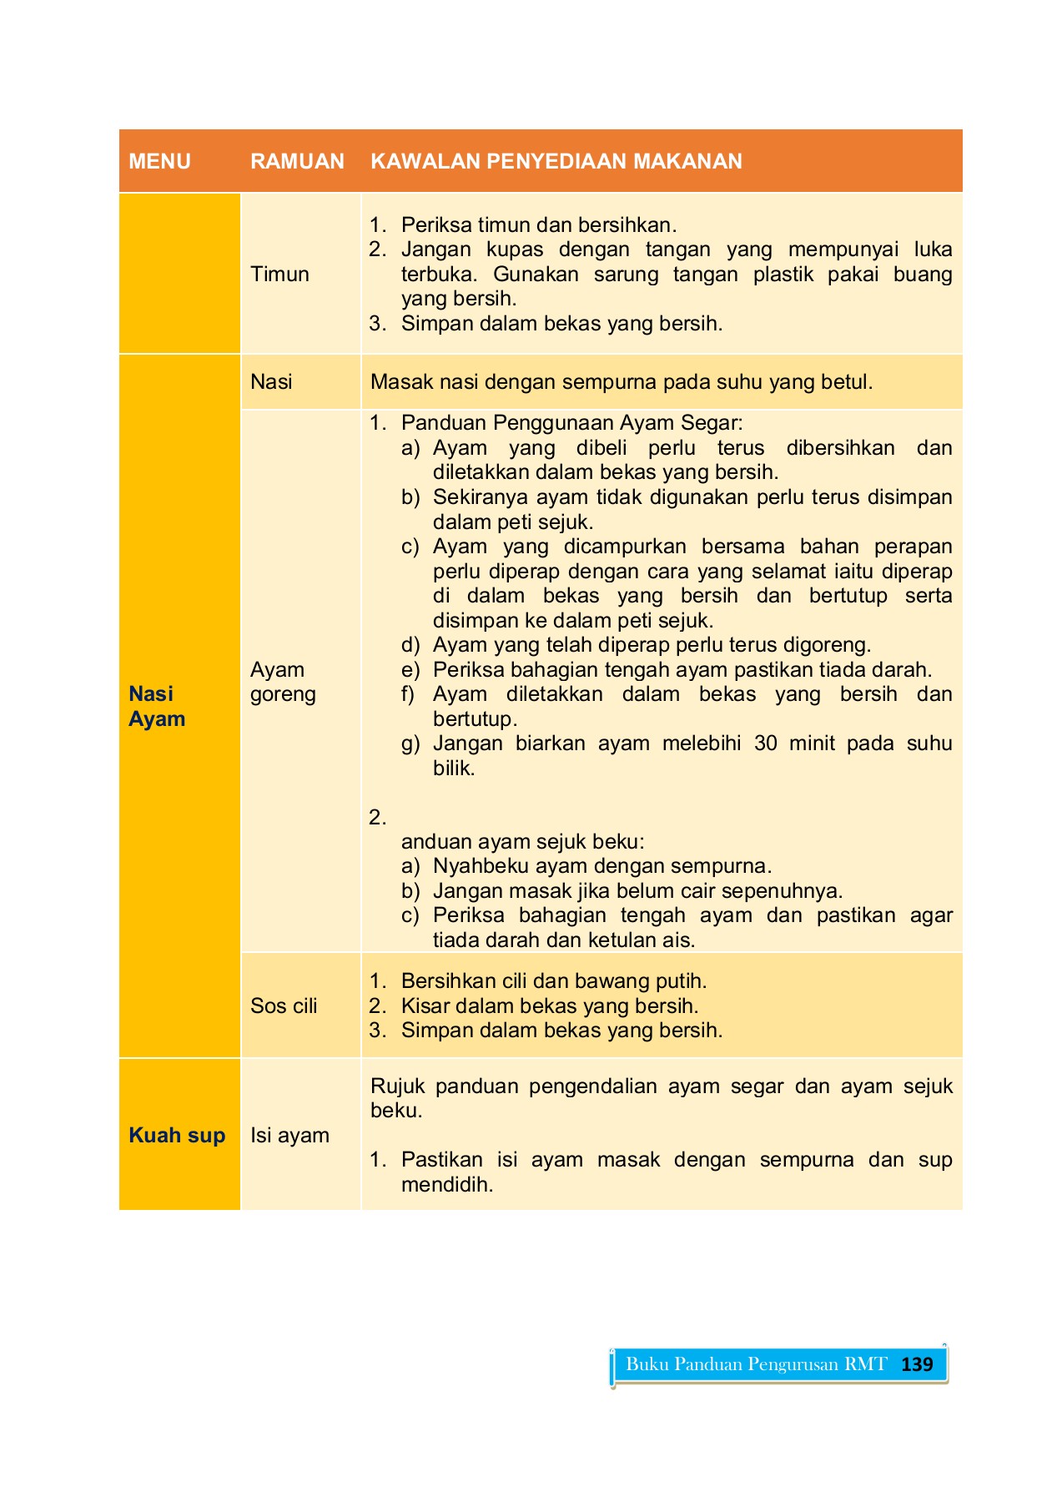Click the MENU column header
[x=159, y=161]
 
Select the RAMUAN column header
[x=297, y=161]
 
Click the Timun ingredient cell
[x=279, y=274]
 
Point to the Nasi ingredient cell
[x=271, y=381]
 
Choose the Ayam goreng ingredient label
[x=283, y=682]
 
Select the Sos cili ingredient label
[x=284, y=1006]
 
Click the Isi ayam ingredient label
[x=289, y=1135]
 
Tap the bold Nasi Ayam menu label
[x=156, y=706]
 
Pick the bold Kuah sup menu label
[x=177, y=1135]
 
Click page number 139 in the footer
[x=917, y=1364]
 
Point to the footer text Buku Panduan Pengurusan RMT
[x=756, y=1364]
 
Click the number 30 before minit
[x=766, y=743]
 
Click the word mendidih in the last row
[x=446, y=1184]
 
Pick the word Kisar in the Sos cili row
[x=425, y=1006]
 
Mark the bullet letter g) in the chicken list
[x=410, y=743]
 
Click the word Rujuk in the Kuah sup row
[x=397, y=1086]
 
